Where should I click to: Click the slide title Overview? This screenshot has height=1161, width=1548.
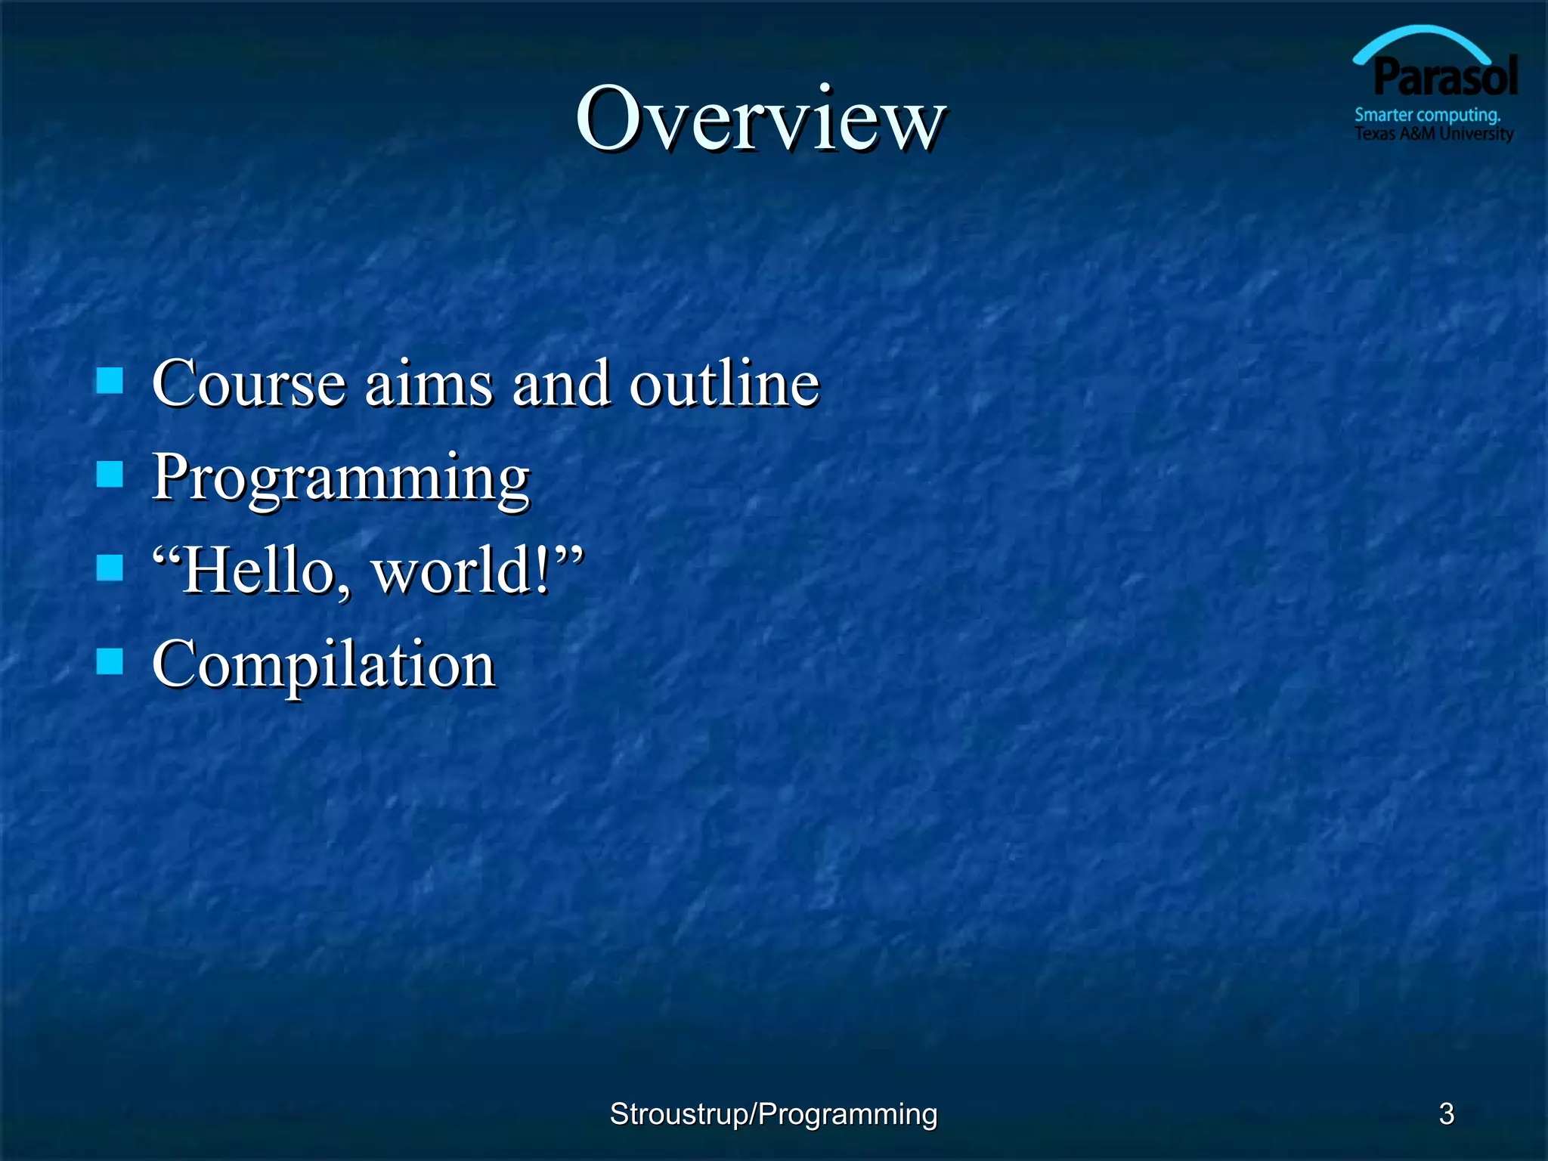pos(760,119)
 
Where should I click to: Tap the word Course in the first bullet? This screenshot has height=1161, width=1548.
pos(249,384)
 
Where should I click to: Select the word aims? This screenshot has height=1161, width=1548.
pos(429,384)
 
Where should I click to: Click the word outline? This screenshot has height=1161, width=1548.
pos(724,384)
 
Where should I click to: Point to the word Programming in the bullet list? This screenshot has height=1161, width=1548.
pos(341,478)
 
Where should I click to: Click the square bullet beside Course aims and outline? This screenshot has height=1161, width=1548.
pos(110,381)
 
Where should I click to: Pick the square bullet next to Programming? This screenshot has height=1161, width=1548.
pos(110,475)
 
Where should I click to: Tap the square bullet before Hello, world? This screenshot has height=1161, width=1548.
pos(110,568)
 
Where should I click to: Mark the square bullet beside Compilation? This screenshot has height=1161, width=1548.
pos(110,661)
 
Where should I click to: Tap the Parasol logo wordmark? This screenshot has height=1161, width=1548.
pos(1445,77)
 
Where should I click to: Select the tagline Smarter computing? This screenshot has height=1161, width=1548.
pos(1426,116)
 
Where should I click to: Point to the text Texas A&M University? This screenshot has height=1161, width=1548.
pos(1433,134)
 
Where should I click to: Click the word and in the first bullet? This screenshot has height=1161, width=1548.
pos(561,384)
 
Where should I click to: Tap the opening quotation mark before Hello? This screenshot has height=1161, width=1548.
pos(166,556)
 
